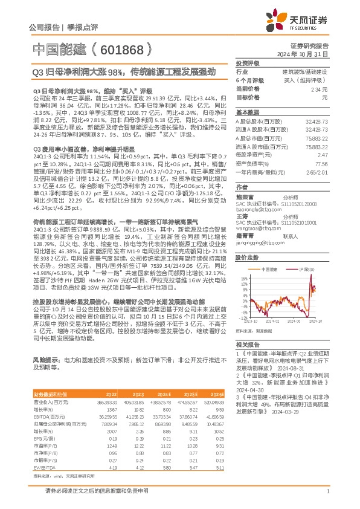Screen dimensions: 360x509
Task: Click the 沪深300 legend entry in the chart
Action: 300,268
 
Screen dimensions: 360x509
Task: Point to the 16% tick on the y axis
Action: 242,279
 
